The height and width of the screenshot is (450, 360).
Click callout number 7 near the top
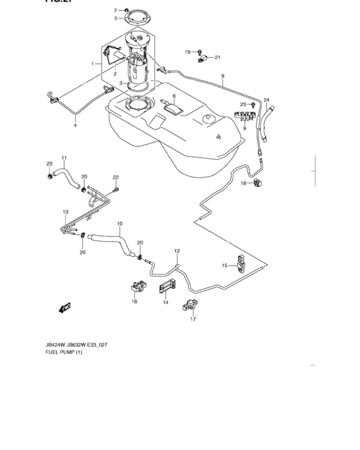(116, 11)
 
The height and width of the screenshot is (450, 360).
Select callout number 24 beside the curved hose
(266, 100)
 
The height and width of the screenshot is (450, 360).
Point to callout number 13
(65, 211)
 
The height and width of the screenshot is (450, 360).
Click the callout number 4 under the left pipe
(75, 125)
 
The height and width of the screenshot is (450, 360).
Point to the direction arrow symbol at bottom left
(64, 308)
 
